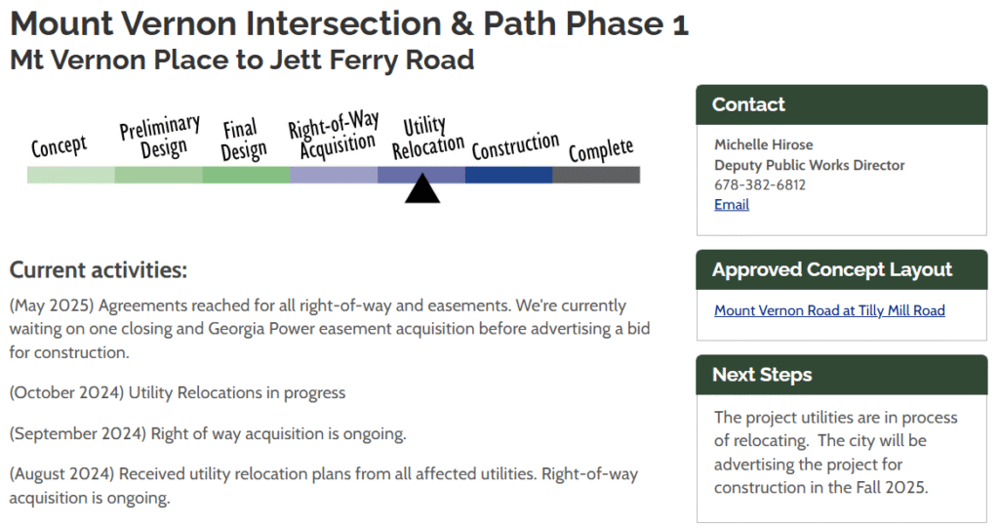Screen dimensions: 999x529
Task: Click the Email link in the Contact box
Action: tap(732, 205)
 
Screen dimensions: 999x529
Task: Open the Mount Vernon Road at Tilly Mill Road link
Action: tap(829, 310)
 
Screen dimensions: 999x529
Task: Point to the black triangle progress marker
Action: tap(422, 188)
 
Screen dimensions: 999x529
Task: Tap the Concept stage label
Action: tap(59, 146)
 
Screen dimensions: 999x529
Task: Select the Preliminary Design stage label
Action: tap(160, 137)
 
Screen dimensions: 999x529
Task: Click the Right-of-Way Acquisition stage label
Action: tap(334, 134)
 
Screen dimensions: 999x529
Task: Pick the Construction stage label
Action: tap(515, 145)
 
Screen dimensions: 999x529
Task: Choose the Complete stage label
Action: tap(601, 149)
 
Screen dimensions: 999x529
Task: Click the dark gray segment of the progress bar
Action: tap(596, 175)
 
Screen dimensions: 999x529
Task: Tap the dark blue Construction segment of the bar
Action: tap(509, 175)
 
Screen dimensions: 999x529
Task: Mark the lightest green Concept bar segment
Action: tap(70, 175)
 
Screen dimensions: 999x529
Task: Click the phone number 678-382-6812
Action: tap(759, 184)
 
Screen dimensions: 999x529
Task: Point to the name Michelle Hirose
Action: tap(763, 144)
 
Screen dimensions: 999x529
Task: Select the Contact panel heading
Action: tap(748, 104)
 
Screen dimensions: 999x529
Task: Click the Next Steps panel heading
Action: tap(762, 375)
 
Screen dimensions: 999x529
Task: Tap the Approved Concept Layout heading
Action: tap(832, 269)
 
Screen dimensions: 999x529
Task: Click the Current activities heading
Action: tap(99, 270)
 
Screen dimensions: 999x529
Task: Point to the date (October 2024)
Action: tap(66, 392)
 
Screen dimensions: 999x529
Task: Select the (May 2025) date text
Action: tap(52, 305)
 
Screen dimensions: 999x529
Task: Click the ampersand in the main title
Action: tap(461, 23)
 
